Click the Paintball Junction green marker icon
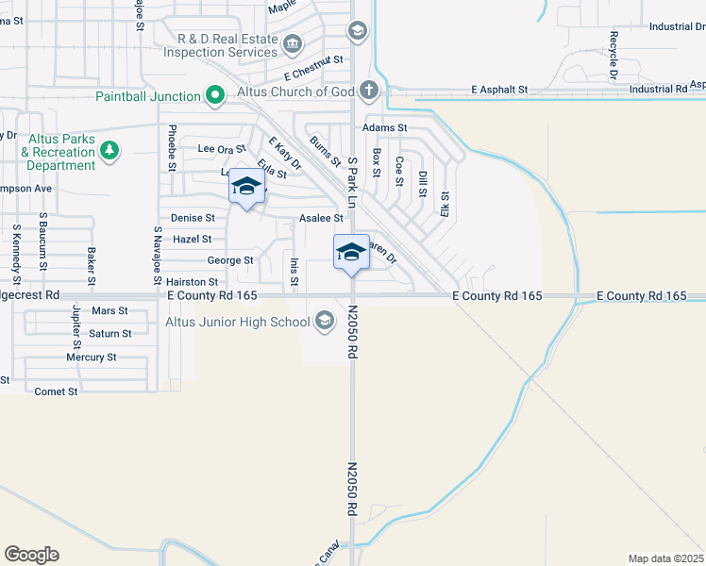coord(215,95)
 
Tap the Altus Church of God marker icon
coord(368,91)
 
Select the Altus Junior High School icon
coord(325,322)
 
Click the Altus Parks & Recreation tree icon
coord(109,149)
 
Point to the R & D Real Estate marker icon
coord(293,42)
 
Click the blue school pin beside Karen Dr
coord(351,253)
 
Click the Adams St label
coord(385,127)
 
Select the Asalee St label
coord(320,218)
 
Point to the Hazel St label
coord(193,240)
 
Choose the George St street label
coord(230,260)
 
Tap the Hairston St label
coord(192,282)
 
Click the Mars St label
coord(109,310)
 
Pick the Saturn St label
coord(110,334)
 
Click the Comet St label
coord(56,391)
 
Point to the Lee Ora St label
coord(222,149)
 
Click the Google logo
coord(31,555)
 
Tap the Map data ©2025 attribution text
coord(664,558)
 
